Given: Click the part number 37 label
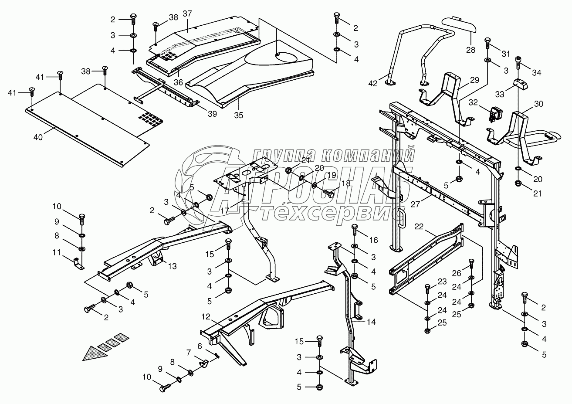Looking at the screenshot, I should point(187,14).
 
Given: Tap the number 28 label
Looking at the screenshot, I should point(458,50).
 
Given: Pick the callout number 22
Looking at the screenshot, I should point(419,226).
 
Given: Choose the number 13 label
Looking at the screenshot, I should point(173,266).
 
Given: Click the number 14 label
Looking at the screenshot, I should point(371,322).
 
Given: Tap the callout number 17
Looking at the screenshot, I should point(225,210).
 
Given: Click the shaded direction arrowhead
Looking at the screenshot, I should point(95,352).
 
